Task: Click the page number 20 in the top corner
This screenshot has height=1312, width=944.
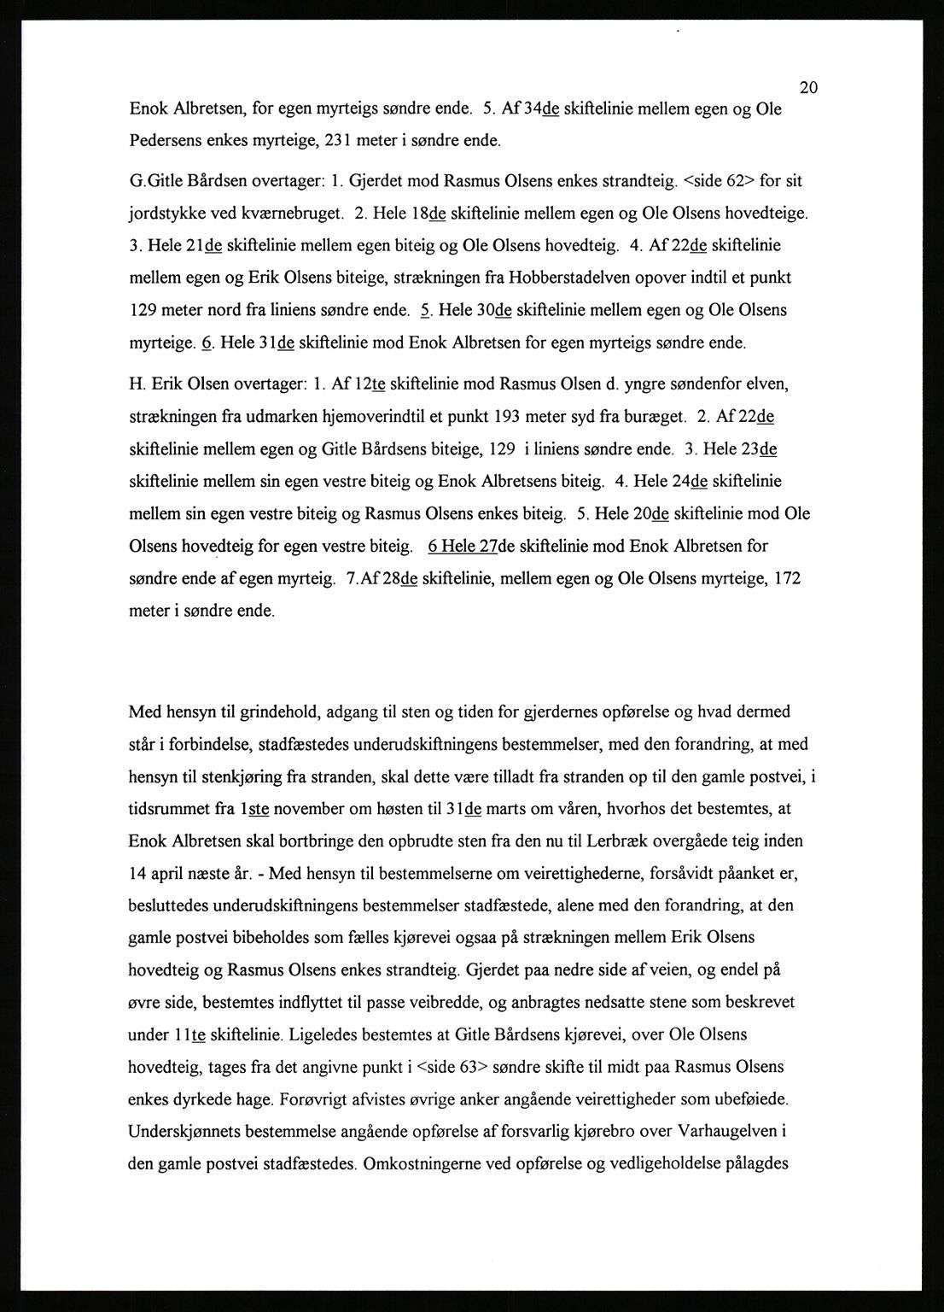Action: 810,87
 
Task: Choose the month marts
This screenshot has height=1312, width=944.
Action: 512,808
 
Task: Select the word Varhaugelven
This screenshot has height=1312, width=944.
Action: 726,1131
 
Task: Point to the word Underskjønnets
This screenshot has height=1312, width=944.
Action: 185,1131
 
